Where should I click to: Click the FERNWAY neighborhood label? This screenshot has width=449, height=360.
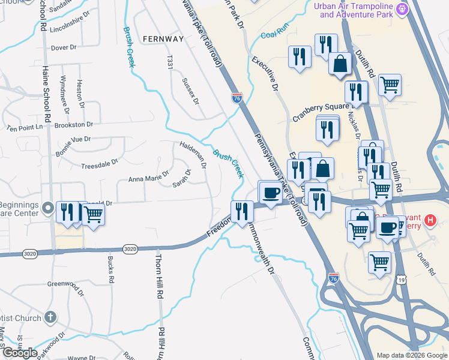163,38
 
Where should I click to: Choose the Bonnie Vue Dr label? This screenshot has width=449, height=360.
73,139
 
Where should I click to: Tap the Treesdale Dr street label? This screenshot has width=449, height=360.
100,162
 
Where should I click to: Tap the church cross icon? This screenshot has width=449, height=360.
51,317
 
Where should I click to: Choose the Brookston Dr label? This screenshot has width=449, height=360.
73,125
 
